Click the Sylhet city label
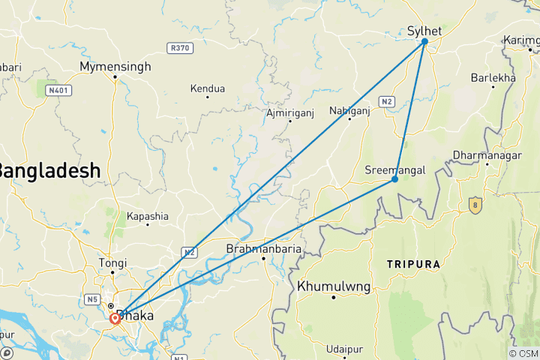(424, 31)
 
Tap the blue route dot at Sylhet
(424, 41)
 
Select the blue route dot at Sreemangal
(394, 179)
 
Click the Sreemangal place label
(394, 169)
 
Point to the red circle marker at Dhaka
(115, 318)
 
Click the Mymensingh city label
(115, 67)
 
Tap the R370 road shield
(180, 48)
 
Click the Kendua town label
(208, 88)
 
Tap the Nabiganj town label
(349, 111)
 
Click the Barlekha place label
(493, 78)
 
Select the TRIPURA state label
(412, 265)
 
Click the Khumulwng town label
(334, 286)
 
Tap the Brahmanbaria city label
(264, 248)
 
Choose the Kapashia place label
(148, 216)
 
